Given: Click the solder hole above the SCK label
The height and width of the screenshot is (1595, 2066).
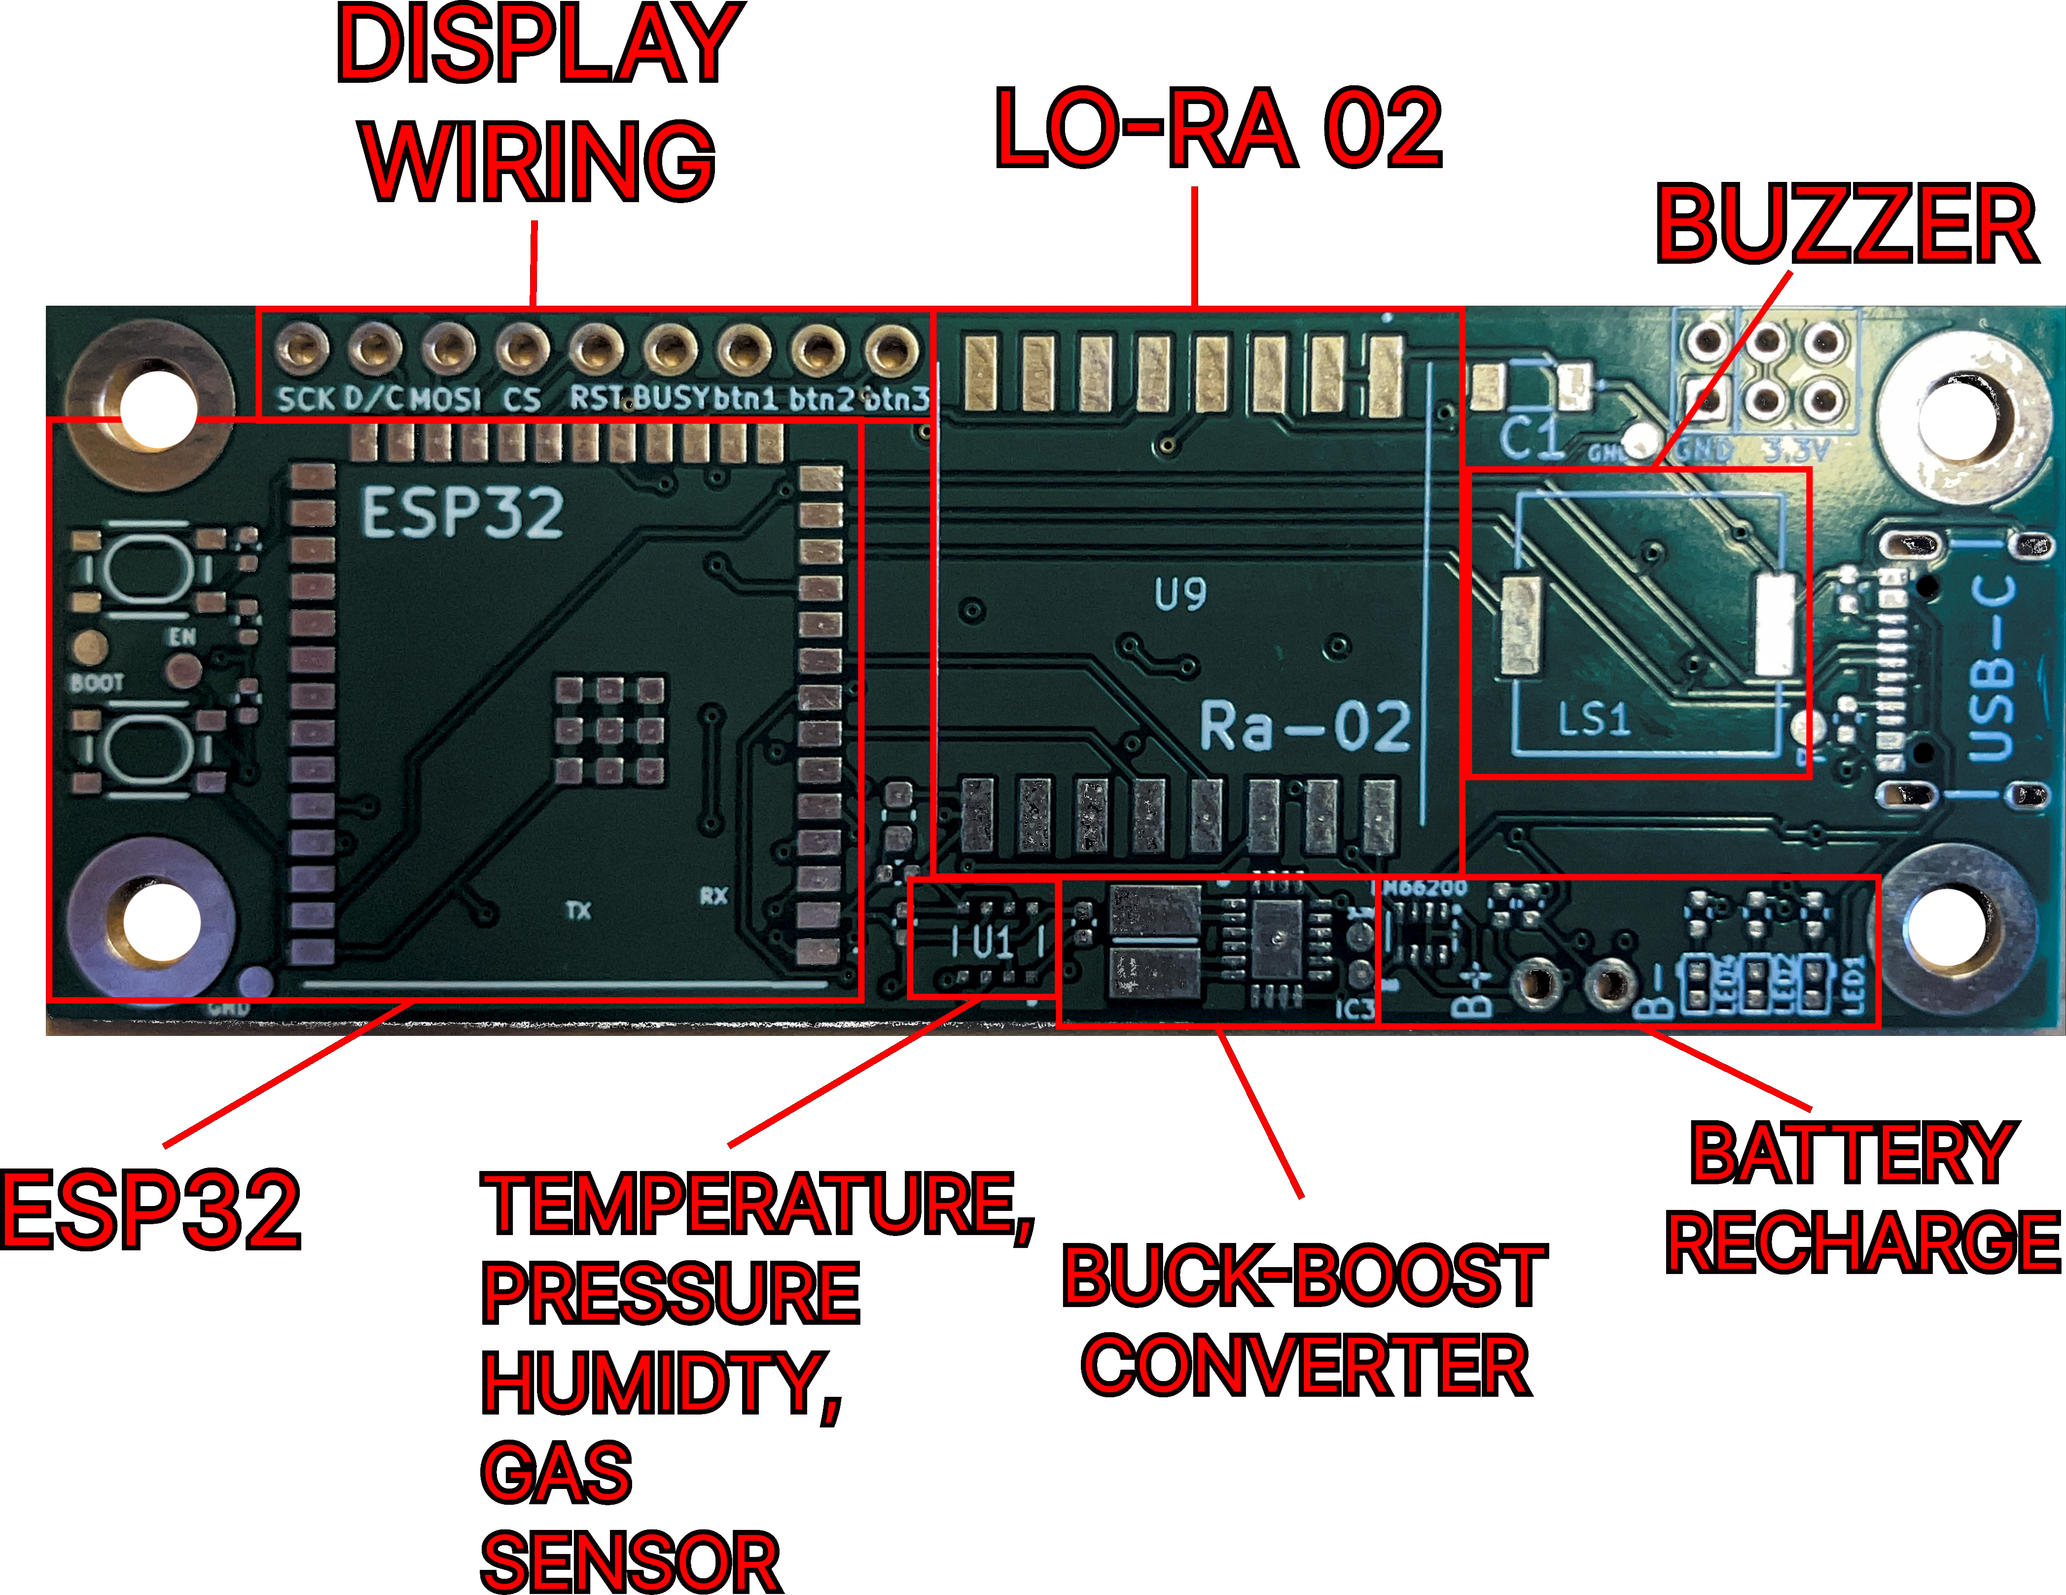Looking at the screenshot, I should (302, 348).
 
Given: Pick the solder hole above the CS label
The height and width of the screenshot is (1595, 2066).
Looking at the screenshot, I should (522, 348).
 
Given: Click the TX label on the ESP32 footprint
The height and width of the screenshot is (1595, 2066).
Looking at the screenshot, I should (578, 910).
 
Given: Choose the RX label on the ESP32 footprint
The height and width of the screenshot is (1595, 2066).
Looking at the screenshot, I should (713, 895).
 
